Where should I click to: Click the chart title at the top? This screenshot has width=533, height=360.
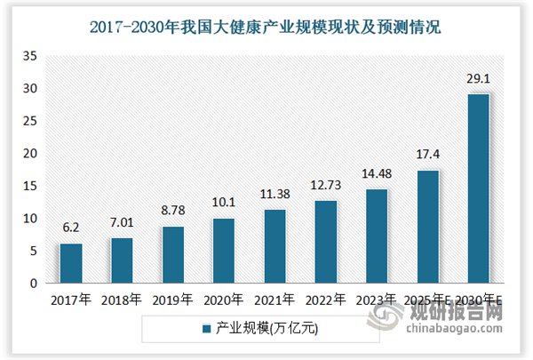(266, 28)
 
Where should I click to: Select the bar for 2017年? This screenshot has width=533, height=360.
(71, 263)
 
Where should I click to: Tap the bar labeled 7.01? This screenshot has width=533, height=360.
(123, 260)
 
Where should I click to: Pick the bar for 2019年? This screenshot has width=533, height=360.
(174, 255)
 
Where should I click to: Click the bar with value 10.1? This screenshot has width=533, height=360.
(225, 251)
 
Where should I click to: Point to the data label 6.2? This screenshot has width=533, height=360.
(71, 228)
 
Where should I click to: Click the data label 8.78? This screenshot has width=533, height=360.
(174, 212)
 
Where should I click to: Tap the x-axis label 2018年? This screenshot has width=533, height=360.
(123, 300)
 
